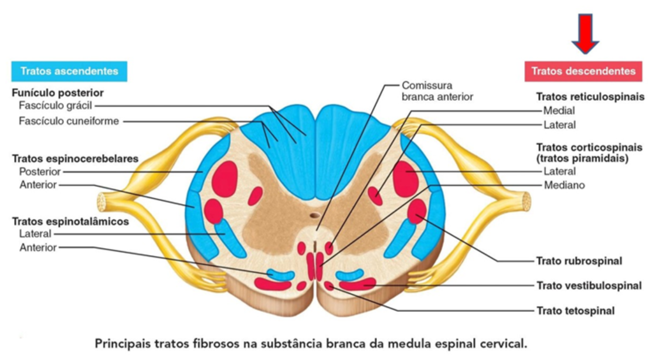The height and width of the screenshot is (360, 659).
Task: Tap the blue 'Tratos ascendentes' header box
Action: (69, 71)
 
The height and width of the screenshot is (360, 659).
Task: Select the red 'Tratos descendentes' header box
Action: (583, 71)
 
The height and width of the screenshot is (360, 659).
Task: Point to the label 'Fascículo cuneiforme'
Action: (69, 121)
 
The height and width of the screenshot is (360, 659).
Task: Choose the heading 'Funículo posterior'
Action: (57, 93)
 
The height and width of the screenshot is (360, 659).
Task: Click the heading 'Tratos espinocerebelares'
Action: (75, 158)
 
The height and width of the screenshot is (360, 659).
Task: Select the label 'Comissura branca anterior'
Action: (437, 91)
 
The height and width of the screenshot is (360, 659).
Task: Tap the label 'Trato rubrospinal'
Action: (579, 260)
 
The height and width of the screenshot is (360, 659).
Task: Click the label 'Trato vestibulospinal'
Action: (588, 286)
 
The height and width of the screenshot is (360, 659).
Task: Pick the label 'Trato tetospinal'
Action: (575, 311)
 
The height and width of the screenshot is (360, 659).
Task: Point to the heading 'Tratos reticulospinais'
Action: (590, 97)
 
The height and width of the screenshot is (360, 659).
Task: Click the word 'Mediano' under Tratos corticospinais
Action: (563, 185)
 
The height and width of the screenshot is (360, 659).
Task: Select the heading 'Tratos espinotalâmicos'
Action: (70, 222)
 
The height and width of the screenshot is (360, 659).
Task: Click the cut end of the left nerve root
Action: (101, 202)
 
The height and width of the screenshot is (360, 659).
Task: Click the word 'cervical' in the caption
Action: (505, 343)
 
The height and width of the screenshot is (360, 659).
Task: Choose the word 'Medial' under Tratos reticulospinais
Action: (559, 111)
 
